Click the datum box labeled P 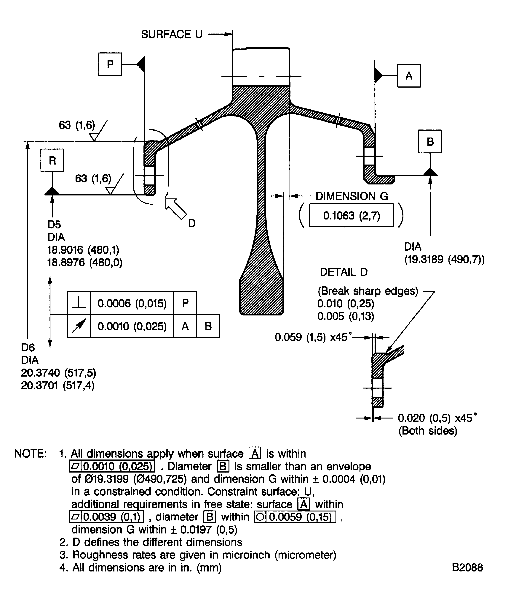[110, 64]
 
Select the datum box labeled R [52, 160]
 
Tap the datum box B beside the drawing [430, 142]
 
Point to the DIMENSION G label [351, 196]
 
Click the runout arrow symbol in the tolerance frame [79, 326]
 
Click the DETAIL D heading [344, 272]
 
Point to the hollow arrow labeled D [176, 209]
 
